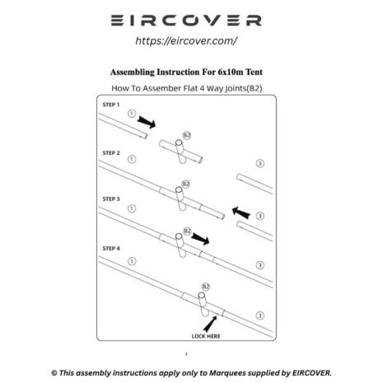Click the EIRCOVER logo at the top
click(x=186, y=21)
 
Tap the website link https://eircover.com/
click(x=186, y=41)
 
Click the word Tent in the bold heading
click(x=254, y=72)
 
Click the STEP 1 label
click(x=111, y=105)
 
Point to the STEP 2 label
click(x=111, y=153)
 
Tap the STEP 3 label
click(x=111, y=199)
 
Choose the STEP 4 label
click(x=111, y=249)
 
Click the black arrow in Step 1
click(x=147, y=122)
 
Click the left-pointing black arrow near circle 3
click(x=241, y=213)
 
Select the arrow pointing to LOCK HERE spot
click(x=210, y=324)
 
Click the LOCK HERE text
click(x=206, y=336)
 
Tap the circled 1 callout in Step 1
click(x=132, y=114)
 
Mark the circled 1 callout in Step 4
click(x=132, y=261)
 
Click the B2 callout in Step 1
click(x=187, y=135)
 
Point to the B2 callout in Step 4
click(x=206, y=287)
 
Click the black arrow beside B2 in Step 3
click(x=200, y=239)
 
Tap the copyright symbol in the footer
click(x=54, y=373)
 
